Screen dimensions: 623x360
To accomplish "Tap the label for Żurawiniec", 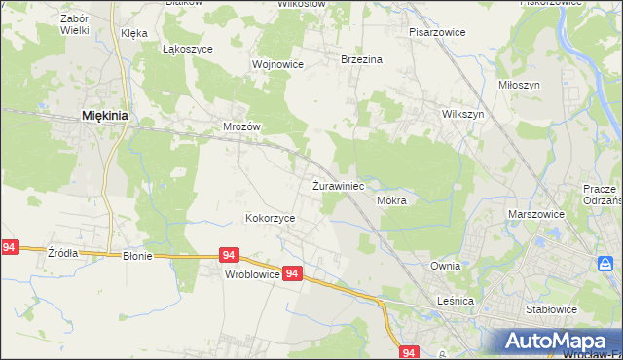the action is (x=338, y=185).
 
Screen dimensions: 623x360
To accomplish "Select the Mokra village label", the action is (x=390, y=200).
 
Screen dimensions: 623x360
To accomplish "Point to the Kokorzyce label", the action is (x=270, y=219).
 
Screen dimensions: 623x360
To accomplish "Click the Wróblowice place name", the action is (x=252, y=274).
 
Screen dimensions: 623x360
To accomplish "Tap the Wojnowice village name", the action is (x=277, y=64).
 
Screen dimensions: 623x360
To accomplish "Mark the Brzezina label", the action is (x=361, y=59).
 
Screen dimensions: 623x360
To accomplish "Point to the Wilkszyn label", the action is (x=462, y=114).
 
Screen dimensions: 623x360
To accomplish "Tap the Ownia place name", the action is (x=445, y=265).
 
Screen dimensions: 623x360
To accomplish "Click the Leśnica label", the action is (x=454, y=302).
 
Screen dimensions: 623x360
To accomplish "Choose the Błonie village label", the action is (x=141, y=257).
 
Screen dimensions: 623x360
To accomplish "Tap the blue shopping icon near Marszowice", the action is (x=605, y=264).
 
